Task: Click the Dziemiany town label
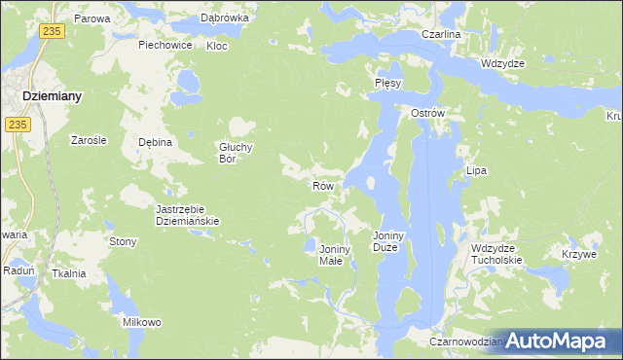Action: pos(52,96)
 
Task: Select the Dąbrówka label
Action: pos(225,18)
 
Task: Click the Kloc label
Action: pos(217,46)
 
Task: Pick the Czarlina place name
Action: pos(441,34)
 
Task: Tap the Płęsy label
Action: pos(388,84)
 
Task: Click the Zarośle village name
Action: pos(89,140)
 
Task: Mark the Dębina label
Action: pos(155,142)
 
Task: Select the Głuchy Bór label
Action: pos(236,153)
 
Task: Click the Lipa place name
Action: pos(476,170)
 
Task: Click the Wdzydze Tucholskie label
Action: pos(496,254)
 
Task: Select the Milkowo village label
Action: pos(141,322)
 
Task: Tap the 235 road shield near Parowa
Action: pos(53,32)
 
